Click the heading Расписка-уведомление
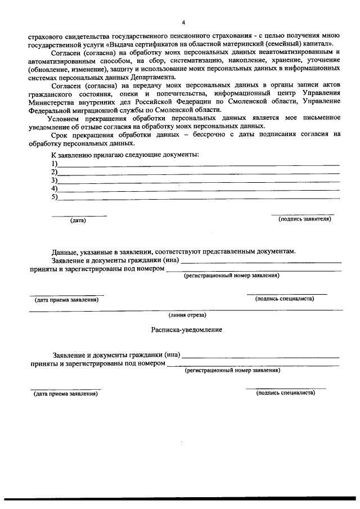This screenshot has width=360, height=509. [186, 330]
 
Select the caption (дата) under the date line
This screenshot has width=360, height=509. [78, 220]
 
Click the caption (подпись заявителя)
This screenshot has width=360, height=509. [304, 219]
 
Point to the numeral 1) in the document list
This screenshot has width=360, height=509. [55, 163]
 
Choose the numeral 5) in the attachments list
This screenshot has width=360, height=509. [55, 197]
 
